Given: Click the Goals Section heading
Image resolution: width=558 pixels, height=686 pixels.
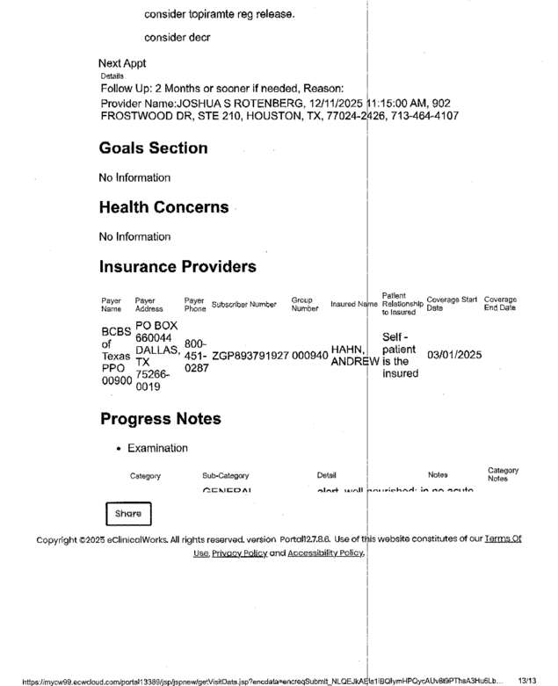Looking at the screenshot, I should [x=153, y=148].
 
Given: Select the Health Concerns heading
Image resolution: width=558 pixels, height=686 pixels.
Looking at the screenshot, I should [x=163, y=207].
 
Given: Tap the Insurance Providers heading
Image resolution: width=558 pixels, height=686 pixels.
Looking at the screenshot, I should [x=178, y=266].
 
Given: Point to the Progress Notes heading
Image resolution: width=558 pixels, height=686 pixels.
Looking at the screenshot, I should [x=160, y=418].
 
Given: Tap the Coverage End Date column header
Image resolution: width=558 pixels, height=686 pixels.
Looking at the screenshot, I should [x=500, y=304].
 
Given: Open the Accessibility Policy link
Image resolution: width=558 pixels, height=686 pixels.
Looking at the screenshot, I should [x=325, y=553].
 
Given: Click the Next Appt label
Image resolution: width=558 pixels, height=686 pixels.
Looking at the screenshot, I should [x=122, y=63].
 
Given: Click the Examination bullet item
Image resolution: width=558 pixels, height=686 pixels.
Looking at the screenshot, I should [x=157, y=448].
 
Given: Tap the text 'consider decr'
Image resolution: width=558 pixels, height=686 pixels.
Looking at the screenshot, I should [x=177, y=38].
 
